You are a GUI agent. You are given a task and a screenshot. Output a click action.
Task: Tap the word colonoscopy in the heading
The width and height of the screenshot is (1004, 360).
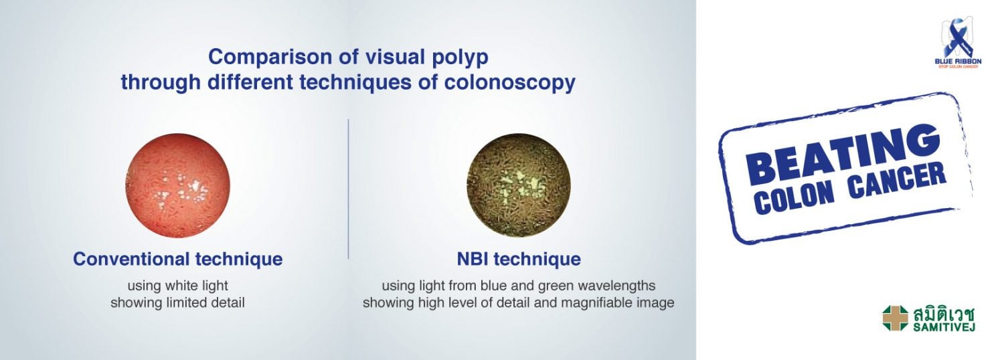(509, 83)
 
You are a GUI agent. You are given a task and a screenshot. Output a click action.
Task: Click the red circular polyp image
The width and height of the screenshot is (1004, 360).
(177, 185)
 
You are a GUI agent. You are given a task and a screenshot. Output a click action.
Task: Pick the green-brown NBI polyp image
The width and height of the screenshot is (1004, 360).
(519, 185)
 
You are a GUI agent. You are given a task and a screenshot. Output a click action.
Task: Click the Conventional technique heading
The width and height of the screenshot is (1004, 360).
(178, 259)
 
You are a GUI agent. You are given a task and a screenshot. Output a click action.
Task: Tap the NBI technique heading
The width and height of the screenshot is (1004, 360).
(519, 259)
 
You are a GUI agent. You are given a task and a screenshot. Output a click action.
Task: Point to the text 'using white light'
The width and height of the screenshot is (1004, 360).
(178, 286)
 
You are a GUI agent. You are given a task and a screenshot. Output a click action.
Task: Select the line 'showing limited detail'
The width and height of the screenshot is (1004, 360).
(177, 302)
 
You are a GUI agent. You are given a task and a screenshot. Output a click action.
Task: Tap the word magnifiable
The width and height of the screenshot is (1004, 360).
(598, 303)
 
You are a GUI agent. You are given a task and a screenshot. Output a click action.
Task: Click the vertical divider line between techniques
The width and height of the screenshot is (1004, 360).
(348, 189)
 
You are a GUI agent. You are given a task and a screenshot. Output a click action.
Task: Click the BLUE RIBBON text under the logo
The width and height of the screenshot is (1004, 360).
(958, 61)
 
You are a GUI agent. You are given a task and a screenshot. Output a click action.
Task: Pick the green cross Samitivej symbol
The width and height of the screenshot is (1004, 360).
(896, 318)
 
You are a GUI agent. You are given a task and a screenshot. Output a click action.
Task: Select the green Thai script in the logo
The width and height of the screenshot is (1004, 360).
(944, 314)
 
